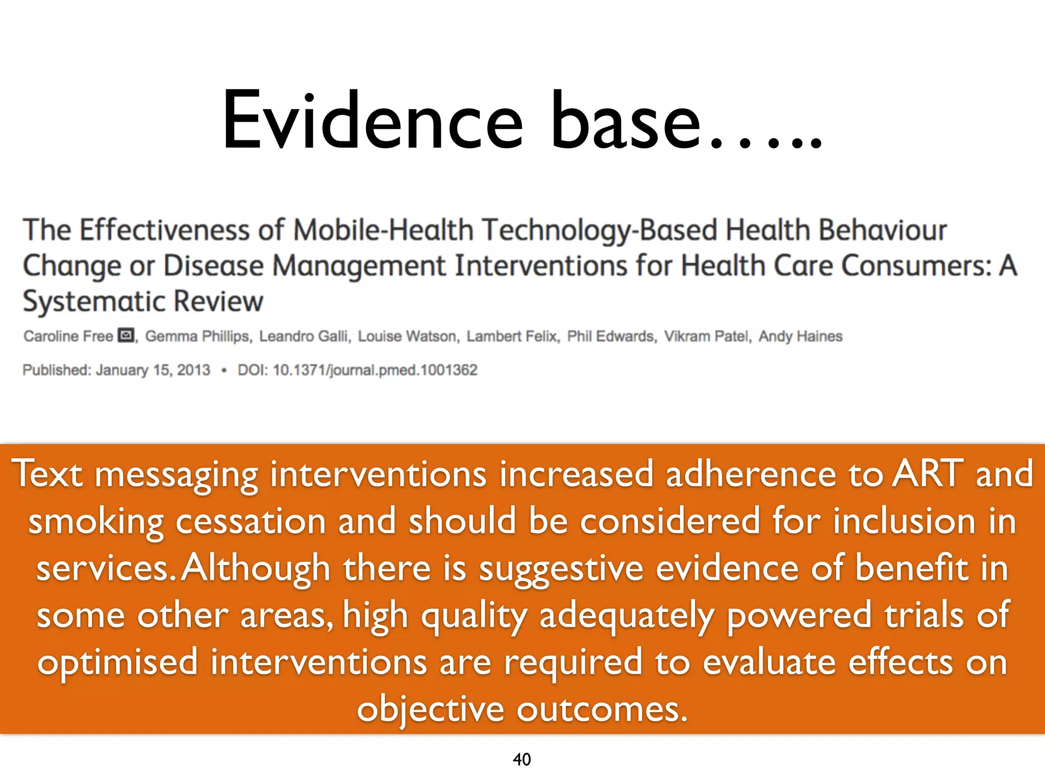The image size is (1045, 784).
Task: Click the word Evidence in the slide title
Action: pyautogui.click(x=372, y=121)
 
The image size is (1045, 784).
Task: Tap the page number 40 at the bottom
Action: pyautogui.click(x=521, y=759)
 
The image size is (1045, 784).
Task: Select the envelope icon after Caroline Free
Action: pyautogui.click(x=126, y=335)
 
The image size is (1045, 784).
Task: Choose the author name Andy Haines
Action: pyautogui.click(x=800, y=336)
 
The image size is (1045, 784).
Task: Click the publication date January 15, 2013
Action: pyautogui.click(x=153, y=370)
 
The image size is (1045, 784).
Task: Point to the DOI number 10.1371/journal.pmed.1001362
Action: pyautogui.click(x=375, y=370)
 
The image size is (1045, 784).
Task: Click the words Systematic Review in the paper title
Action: pyautogui.click(x=143, y=301)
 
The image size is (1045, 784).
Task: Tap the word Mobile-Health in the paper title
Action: pyautogui.click(x=383, y=230)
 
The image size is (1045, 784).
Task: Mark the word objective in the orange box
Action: pyautogui.click(x=430, y=709)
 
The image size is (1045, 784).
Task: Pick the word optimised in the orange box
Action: pyautogui.click(x=117, y=663)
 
